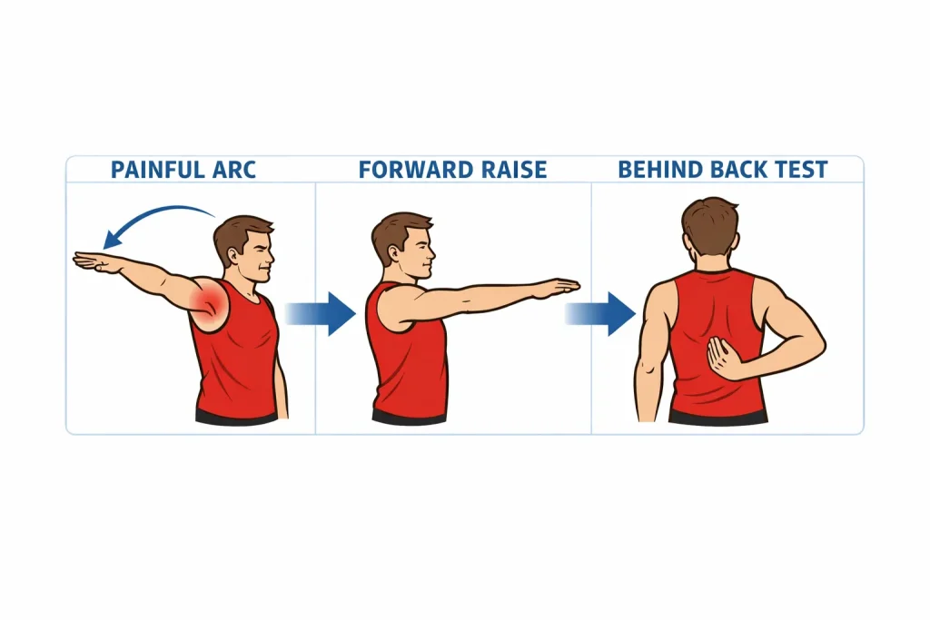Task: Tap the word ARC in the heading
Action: coord(233,170)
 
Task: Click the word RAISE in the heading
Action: coord(514,170)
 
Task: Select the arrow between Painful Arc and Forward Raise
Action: coord(321,313)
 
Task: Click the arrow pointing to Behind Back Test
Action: coord(600,313)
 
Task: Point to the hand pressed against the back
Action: coord(724,358)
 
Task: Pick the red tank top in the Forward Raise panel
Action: coord(406,356)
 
